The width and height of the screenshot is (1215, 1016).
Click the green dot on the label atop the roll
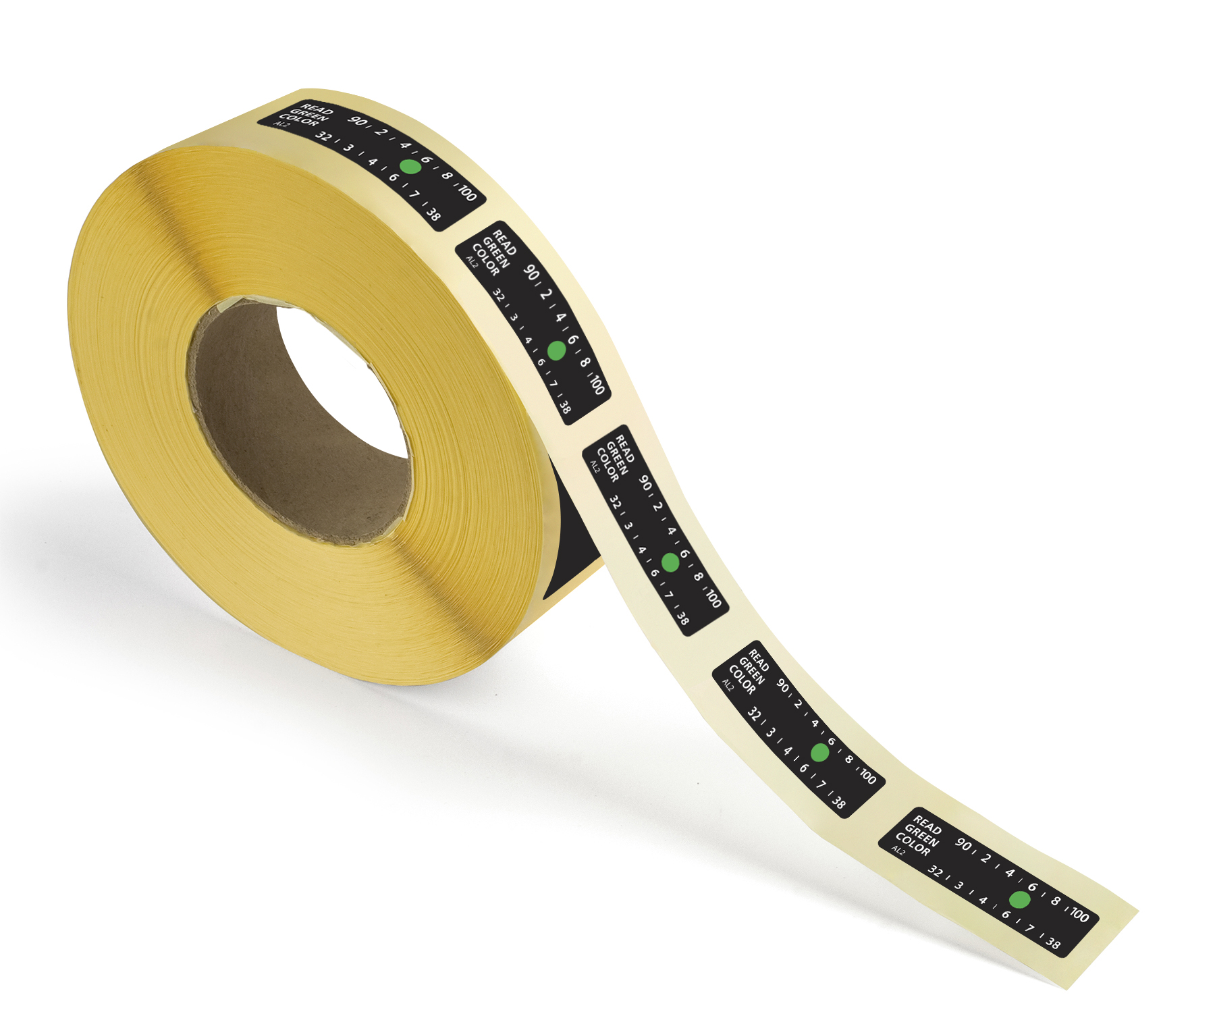410,166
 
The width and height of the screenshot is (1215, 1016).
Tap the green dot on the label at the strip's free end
1019,899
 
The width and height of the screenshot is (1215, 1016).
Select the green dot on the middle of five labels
670,562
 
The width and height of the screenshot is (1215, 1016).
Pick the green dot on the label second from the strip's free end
819,752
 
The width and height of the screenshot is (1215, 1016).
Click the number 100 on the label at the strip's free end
1079,915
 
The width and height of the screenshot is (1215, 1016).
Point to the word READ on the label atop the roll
317,109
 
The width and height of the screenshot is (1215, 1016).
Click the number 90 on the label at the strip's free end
963,845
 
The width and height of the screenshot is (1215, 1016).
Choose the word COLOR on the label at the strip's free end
913,844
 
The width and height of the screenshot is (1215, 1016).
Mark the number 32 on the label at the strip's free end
936,871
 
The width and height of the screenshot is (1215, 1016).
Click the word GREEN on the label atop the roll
308,115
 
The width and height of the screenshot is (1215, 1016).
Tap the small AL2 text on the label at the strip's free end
898,851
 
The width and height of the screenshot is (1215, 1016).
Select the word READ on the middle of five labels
625,449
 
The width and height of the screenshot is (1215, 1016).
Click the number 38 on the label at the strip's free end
1053,944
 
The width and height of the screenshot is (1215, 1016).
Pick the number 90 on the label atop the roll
357,122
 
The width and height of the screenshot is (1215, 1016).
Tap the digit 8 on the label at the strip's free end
1056,901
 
